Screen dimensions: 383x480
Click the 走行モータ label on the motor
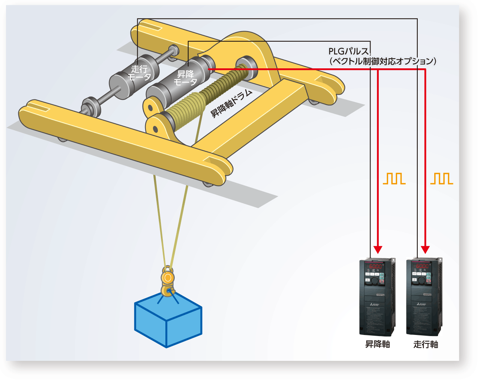point(139,73)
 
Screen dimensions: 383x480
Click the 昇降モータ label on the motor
point(186,78)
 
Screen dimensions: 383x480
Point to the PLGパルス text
point(348,51)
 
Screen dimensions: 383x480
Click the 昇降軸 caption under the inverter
point(378,344)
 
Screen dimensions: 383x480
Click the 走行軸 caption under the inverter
point(426,344)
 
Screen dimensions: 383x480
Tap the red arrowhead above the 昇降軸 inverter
point(378,249)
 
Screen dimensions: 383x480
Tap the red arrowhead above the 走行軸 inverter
point(425,249)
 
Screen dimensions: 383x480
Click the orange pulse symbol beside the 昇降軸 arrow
point(394,179)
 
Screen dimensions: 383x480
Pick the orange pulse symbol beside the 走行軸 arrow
point(441,179)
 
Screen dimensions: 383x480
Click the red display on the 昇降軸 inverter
point(375,266)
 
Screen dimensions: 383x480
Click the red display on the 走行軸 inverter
point(422,266)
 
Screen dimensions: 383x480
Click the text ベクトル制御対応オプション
point(382,61)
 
